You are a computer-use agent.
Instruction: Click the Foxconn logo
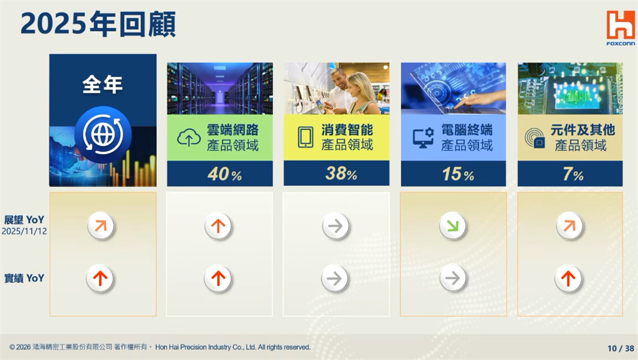point(621,28)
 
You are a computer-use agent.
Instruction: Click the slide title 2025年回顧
point(98,24)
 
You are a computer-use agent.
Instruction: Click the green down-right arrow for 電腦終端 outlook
point(452,226)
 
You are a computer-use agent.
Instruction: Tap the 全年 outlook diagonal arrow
point(101,226)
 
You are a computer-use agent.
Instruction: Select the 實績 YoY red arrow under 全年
point(101,278)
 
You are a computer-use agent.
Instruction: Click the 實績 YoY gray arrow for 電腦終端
point(452,278)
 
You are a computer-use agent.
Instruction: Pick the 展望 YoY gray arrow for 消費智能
point(335,226)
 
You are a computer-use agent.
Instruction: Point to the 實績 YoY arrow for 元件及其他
point(568,278)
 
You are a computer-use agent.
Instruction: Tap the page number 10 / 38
point(621,348)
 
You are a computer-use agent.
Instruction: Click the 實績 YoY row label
point(24,278)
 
